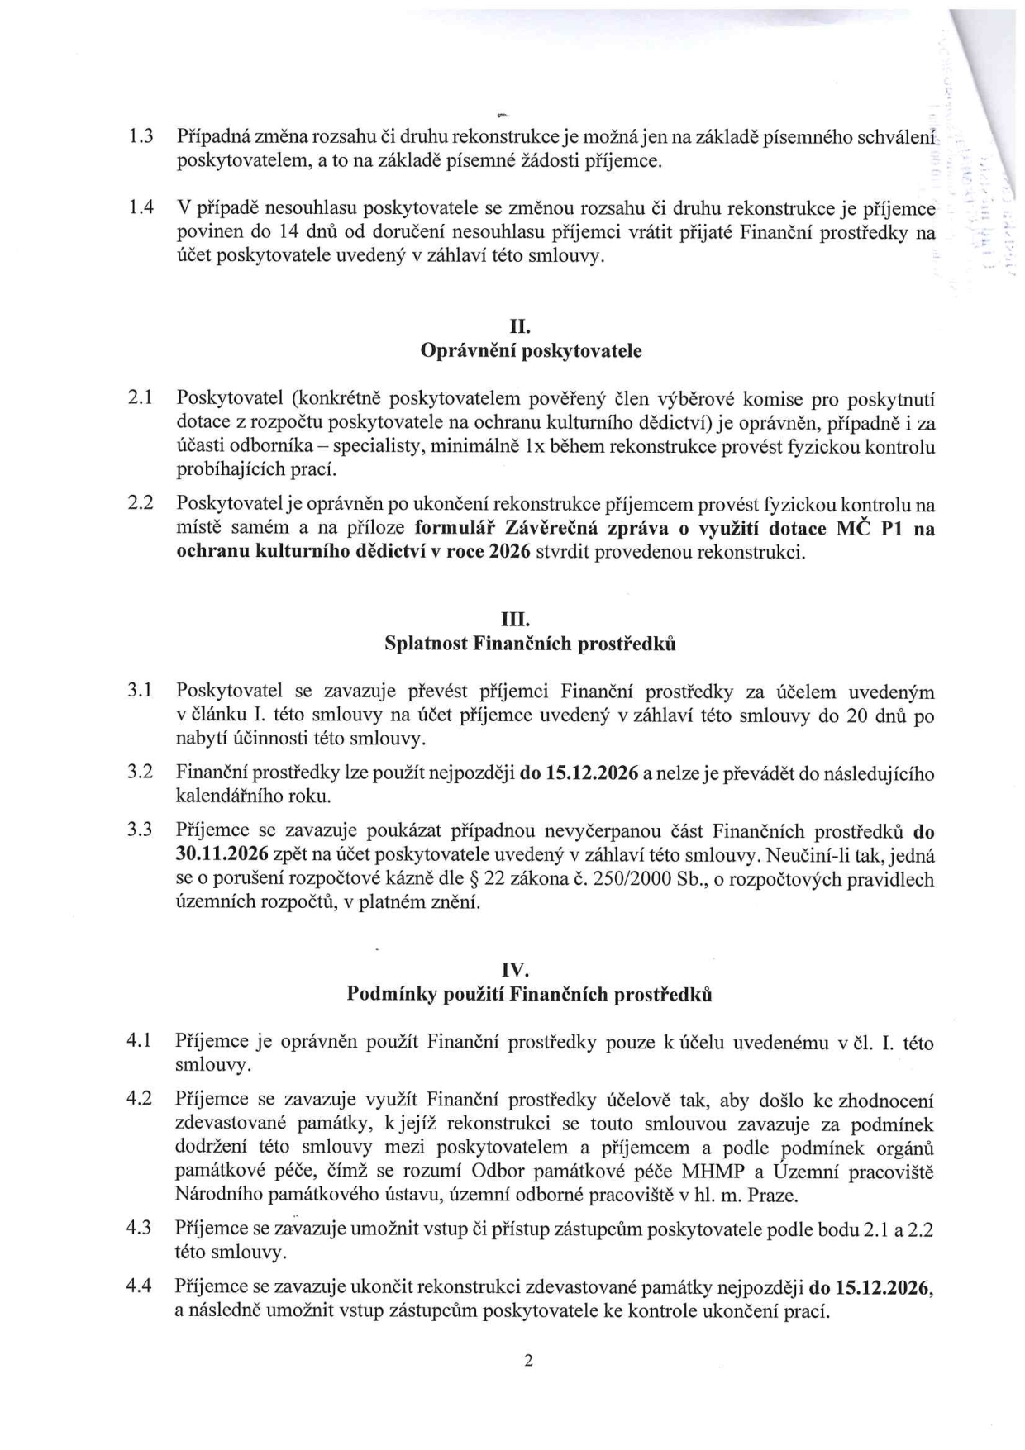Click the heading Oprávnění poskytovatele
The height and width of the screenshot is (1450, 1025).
[531, 350]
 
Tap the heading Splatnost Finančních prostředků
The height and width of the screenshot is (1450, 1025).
[531, 644]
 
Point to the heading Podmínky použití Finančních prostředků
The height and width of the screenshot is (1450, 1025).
[530, 994]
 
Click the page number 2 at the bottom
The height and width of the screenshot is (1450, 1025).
[528, 1361]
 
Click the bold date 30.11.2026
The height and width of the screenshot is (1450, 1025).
[217, 855]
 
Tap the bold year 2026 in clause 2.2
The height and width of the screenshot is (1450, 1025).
[508, 552]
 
